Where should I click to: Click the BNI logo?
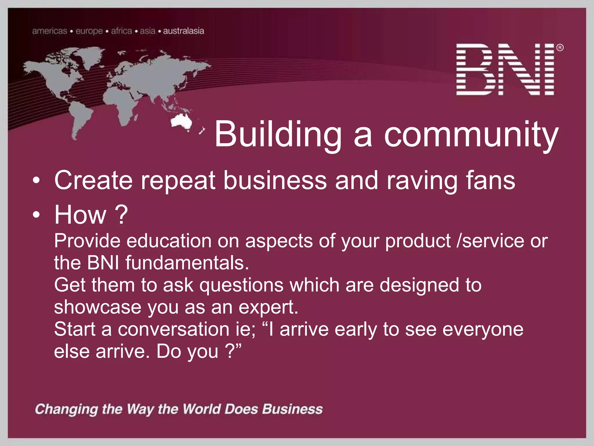[x=505, y=69]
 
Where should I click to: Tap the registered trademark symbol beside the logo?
[x=560, y=47]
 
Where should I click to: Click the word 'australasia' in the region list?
[x=184, y=31]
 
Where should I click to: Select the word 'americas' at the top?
[x=50, y=31]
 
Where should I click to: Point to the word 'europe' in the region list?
[x=89, y=31]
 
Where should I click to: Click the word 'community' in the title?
[x=471, y=134]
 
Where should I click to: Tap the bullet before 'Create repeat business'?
[x=36, y=181]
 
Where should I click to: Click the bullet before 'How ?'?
[x=36, y=215]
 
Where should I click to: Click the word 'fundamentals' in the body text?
[x=187, y=263]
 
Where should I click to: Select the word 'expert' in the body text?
[x=268, y=307]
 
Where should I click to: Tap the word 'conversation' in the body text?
[x=173, y=329]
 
